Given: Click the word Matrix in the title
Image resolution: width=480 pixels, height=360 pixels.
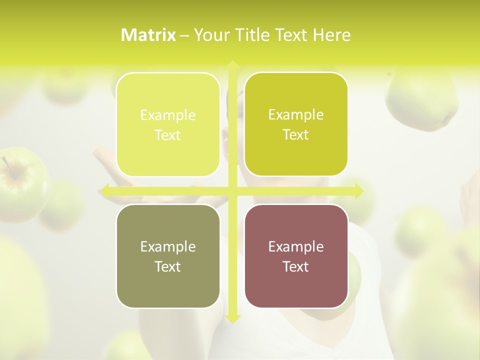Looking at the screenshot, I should point(148,35).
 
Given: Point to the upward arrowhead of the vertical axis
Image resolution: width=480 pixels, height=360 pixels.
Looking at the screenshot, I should point(232,64).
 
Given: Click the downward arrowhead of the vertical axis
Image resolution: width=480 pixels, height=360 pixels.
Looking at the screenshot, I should point(232,318).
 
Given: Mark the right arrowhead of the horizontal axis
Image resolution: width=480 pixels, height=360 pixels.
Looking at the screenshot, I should point(359,191).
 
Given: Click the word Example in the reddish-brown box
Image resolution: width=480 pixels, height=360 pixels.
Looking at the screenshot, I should point(296,246).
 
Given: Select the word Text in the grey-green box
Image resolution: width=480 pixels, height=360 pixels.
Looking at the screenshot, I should point(168,266).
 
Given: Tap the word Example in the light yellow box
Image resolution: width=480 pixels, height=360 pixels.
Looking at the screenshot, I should point(168,115).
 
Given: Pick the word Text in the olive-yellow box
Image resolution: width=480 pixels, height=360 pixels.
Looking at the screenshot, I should point(296,134).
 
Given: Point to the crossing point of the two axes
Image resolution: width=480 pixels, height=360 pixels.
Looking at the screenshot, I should point(232,191).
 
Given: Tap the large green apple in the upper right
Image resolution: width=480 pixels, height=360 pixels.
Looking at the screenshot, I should point(422,100).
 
